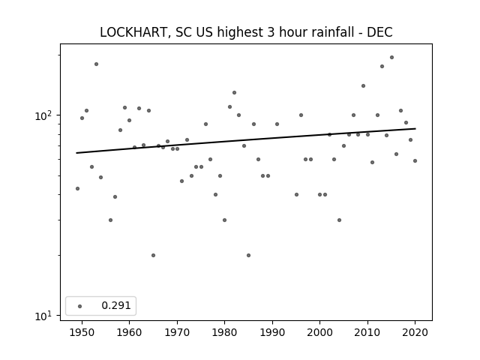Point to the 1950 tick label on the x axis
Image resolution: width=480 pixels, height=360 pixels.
pyautogui.click(x=82, y=332)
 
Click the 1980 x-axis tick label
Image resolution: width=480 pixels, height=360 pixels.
pyautogui.click(x=224, y=332)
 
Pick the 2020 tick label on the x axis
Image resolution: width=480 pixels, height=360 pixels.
pyautogui.click(x=415, y=332)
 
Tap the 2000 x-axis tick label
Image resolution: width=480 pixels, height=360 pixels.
pyautogui.click(x=320, y=332)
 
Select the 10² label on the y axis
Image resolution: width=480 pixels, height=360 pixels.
pyautogui.click(x=43, y=115)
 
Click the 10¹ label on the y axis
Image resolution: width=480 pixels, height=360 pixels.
pyautogui.click(x=43, y=316)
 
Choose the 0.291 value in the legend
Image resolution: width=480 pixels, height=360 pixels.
pyautogui.click(x=116, y=305)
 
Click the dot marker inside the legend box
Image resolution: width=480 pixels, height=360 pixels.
pyautogui.click(x=80, y=306)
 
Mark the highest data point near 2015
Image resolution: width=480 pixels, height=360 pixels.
pyautogui.click(x=391, y=57)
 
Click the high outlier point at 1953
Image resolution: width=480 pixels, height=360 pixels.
pyautogui.click(x=96, y=64)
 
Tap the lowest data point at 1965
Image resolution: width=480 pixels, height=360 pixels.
pyautogui.click(x=153, y=255)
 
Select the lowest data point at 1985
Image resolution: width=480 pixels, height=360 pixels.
pyautogui.click(x=248, y=255)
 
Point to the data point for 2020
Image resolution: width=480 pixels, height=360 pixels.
pyautogui.click(x=415, y=160)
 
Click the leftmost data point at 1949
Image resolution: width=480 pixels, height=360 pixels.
pyautogui.click(x=77, y=188)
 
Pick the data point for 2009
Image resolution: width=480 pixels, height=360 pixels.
pyautogui.click(x=363, y=85)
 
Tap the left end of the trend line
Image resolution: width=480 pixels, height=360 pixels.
pyautogui.click(x=76, y=153)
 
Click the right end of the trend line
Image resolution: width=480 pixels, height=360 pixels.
pyautogui.click(x=415, y=128)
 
